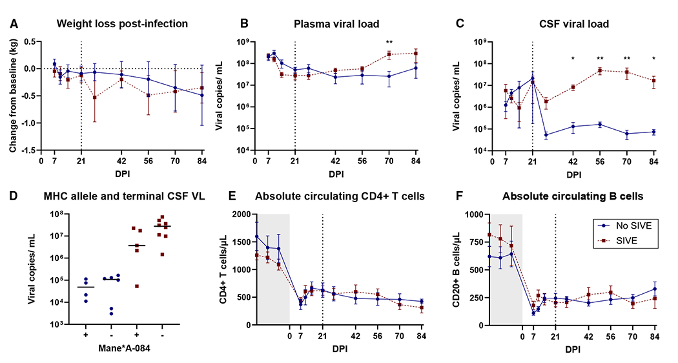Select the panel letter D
coord(11,196)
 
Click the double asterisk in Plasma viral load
coord(389,43)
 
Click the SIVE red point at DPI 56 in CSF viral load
coord(599,70)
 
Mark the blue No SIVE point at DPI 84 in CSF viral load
coord(654,132)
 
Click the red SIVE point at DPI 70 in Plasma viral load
coord(389,55)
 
